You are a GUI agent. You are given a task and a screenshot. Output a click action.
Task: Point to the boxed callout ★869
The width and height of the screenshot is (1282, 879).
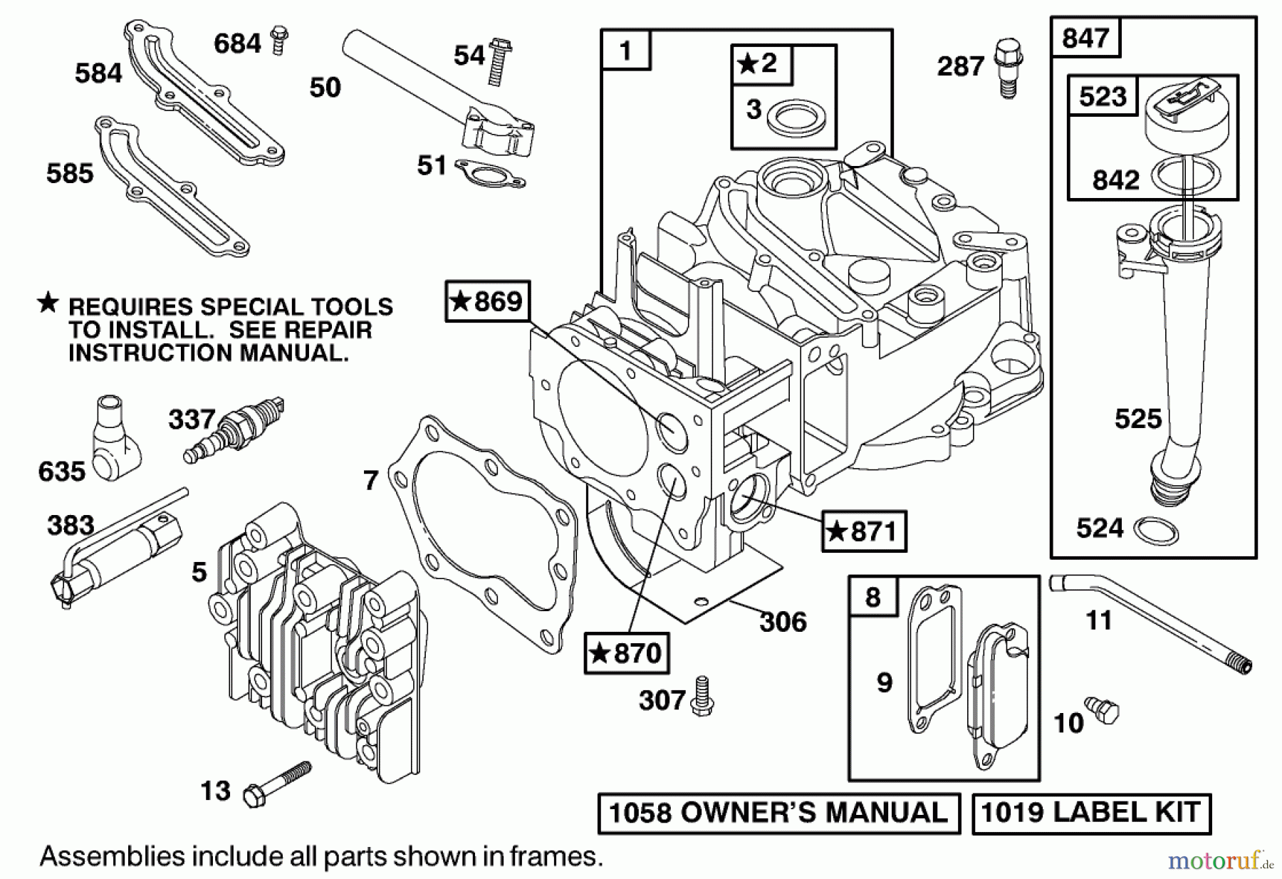tap(488, 301)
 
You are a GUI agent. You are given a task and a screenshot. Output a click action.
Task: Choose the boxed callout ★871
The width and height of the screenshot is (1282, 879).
tap(863, 531)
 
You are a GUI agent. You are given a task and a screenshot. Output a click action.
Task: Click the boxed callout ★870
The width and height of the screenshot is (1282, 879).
tap(627, 652)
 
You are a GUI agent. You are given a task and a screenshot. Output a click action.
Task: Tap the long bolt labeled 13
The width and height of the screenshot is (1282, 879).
tap(277, 784)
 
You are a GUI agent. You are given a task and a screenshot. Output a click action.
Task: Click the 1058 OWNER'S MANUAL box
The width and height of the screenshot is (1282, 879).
tap(779, 813)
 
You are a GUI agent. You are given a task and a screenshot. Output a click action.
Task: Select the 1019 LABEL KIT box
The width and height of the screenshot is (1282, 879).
tap(1091, 813)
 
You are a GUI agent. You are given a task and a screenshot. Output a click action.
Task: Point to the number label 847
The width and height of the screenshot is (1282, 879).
tap(1085, 38)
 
